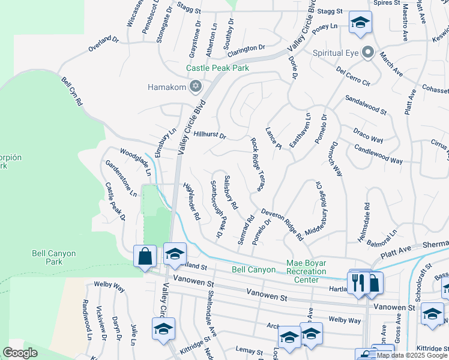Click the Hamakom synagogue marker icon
point(194,87)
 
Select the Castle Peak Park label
point(217,68)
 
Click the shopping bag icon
point(145,256)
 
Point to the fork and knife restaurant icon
point(358,281)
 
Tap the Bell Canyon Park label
point(54,258)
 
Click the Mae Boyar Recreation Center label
point(306,272)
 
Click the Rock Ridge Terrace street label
point(258,164)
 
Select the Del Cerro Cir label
point(354,76)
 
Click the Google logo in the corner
point(20,353)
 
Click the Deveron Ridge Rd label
point(282,223)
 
